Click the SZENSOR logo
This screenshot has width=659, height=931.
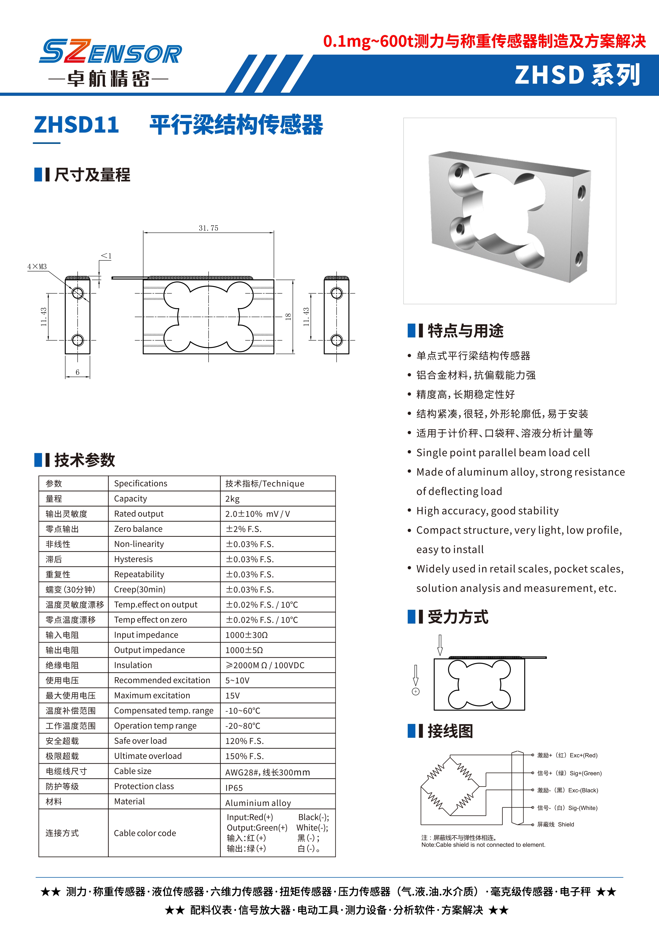(110, 52)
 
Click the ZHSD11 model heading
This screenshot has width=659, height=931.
(76, 125)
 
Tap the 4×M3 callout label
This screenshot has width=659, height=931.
(37, 267)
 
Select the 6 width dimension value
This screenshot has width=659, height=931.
(78, 372)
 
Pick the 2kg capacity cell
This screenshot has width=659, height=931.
(233, 499)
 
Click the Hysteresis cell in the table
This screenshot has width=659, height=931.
(133, 559)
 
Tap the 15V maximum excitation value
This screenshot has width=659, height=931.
(233, 696)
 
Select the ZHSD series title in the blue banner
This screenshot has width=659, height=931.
(577, 75)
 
